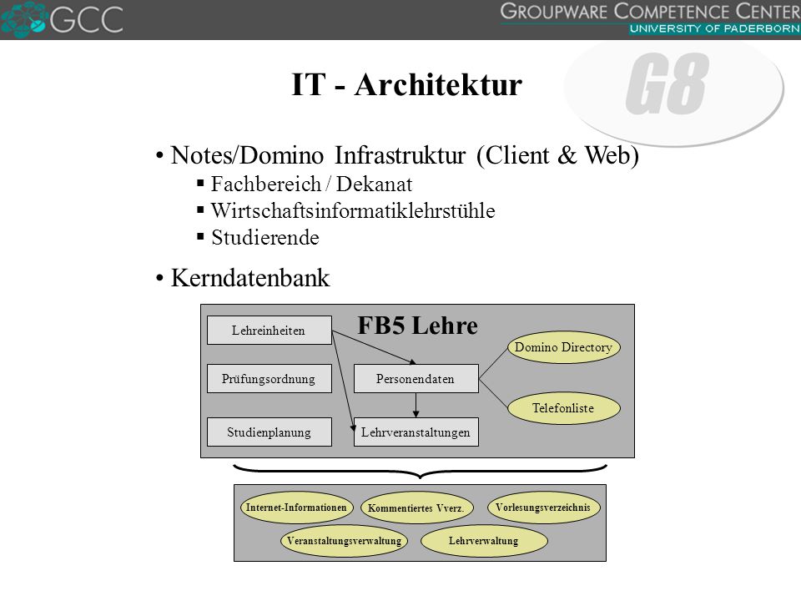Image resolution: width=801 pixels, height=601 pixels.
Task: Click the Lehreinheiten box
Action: pyautogui.click(x=270, y=331)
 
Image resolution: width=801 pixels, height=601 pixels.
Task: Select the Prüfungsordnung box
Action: pyautogui.click(x=270, y=379)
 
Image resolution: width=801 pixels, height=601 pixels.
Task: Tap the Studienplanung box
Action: pyautogui.click(x=270, y=432)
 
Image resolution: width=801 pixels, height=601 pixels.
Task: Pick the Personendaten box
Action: pyautogui.click(x=416, y=379)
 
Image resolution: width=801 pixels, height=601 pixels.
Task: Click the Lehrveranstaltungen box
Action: pyautogui.click(x=416, y=432)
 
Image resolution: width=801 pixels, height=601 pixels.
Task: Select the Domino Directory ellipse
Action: pyautogui.click(x=563, y=347)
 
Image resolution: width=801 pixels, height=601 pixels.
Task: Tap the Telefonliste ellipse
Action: pyautogui.click(x=563, y=408)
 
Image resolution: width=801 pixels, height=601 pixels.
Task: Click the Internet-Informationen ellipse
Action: pyautogui.click(x=296, y=508)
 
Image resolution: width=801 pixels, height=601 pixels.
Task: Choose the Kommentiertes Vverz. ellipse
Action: pyautogui.click(x=416, y=508)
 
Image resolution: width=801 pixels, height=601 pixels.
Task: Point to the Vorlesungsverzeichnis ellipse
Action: pyautogui.click(x=543, y=508)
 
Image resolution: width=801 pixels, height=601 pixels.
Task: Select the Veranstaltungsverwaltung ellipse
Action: pyautogui.click(x=344, y=541)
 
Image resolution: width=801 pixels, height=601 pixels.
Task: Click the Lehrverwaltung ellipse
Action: pyautogui.click(x=484, y=541)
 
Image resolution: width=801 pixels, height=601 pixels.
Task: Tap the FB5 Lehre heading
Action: pyautogui.click(x=417, y=326)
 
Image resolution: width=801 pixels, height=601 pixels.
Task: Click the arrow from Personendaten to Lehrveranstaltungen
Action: pyautogui.click(x=416, y=406)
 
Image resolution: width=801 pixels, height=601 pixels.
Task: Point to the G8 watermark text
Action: pyautogui.click(x=667, y=83)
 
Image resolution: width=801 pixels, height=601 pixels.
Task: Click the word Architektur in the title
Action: pyautogui.click(x=438, y=84)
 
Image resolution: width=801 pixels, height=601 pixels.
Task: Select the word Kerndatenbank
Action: pyautogui.click(x=250, y=278)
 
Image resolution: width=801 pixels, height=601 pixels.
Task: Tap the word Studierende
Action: pyautogui.click(x=265, y=238)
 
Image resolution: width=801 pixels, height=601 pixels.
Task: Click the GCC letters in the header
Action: pyautogui.click(x=87, y=19)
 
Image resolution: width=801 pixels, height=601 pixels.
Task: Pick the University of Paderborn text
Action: pyautogui.click(x=714, y=28)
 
